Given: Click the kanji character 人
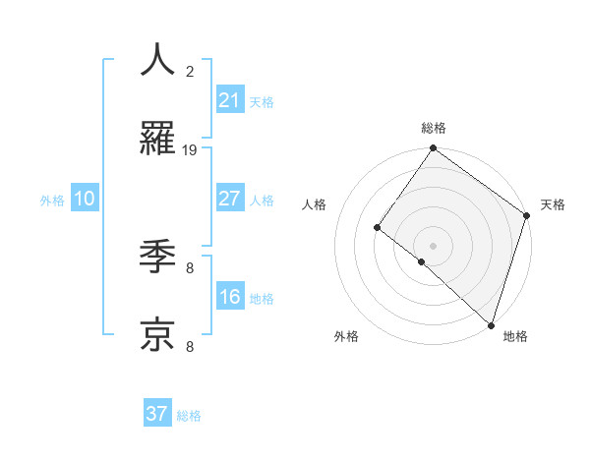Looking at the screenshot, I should [157, 60].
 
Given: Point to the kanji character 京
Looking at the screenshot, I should [157, 334].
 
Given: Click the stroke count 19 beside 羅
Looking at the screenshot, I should [190, 149].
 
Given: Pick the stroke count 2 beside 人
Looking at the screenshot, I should [190, 71].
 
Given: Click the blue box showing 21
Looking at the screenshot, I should [230, 100].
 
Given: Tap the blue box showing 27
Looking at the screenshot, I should [230, 199].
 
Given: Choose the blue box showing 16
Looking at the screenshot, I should [230, 297].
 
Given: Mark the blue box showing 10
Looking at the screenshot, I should [85, 199].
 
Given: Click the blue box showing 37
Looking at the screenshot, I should [157, 414].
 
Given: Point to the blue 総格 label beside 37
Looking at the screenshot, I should [189, 416].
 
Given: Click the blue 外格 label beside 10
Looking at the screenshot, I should [52, 201].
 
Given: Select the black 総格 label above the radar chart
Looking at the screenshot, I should [433, 128].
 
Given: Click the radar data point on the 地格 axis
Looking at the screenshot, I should [491, 324].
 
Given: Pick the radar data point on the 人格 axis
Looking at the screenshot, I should [377, 227].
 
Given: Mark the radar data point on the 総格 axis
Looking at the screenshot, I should [433, 148].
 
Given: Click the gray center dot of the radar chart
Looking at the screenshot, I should [433, 245].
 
